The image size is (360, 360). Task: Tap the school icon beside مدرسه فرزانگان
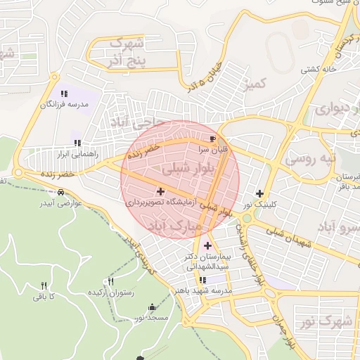[x=64, y=93]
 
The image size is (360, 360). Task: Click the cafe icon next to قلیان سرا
[x=213, y=138]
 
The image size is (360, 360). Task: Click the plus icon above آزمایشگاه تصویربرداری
[x=161, y=191]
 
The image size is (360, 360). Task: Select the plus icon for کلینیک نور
[x=260, y=193]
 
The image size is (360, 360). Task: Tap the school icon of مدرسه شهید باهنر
[x=202, y=280]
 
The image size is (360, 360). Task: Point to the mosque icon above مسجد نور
[x=153, y=307]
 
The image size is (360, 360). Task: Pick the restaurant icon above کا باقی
[x=44, y=285]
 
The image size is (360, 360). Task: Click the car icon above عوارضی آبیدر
[x=61, y=192]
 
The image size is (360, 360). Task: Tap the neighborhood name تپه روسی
[x=309, y=159]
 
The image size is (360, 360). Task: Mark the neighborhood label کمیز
[x=255, y=84]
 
